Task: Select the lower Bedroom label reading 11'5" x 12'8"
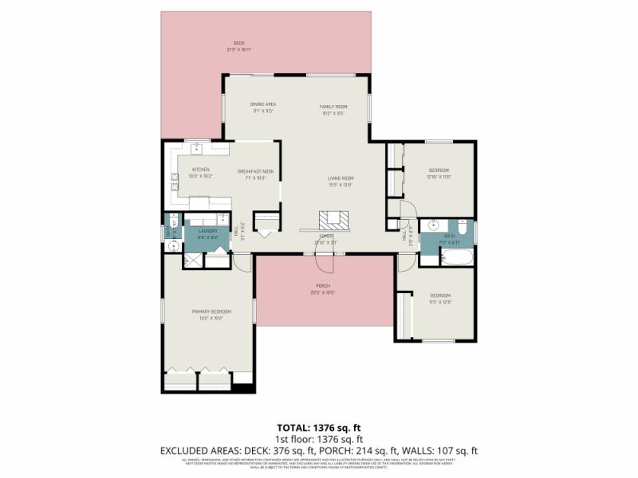coord(441,298)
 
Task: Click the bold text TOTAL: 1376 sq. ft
coord(319,428)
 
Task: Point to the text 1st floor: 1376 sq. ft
coord(319,439)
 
